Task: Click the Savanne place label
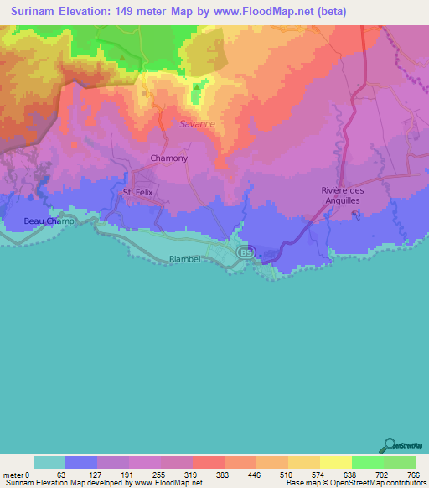197,124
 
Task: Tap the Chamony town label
168,158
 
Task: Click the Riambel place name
184,260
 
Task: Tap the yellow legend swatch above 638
335,462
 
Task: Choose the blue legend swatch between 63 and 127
81,462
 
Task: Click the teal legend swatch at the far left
49,462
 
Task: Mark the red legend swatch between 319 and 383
209,462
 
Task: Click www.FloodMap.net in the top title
267,12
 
